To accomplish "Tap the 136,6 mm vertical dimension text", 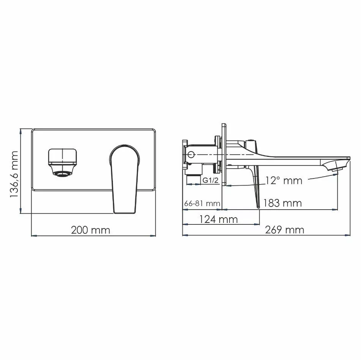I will (x=14, y=174).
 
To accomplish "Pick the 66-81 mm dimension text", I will (x=202, y=204).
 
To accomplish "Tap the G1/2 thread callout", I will (x=210, y=181).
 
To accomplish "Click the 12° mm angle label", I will (x=283, y=180).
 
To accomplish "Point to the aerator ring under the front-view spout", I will (x=62, y=174).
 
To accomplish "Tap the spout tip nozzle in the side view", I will (x=335, y=165).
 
